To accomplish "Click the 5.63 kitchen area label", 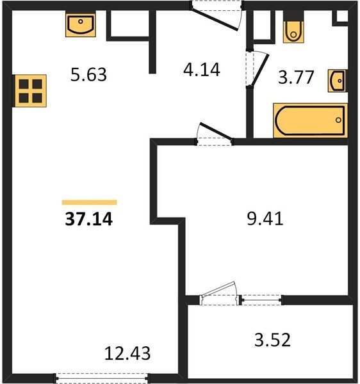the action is (88, 74).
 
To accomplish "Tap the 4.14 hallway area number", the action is (202, 70).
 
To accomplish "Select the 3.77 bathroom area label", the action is (296, 77).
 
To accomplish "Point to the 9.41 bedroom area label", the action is (265, 218).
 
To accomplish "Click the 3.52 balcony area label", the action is (272, 340).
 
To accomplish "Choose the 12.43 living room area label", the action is (127, 353).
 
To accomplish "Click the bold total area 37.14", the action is (89, 219).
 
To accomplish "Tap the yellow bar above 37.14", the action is (89, 202).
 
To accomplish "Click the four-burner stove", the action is (30, 91).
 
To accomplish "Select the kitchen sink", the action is (81, 25).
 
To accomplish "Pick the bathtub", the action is (310, 120).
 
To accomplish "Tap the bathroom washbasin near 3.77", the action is (338, 81).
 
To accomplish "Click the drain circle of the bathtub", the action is (338, 120).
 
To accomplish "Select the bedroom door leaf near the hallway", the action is (216, 131).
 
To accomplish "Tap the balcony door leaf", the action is (218, 289).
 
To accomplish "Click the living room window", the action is (102, 379).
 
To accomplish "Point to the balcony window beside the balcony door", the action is (261, 300).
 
